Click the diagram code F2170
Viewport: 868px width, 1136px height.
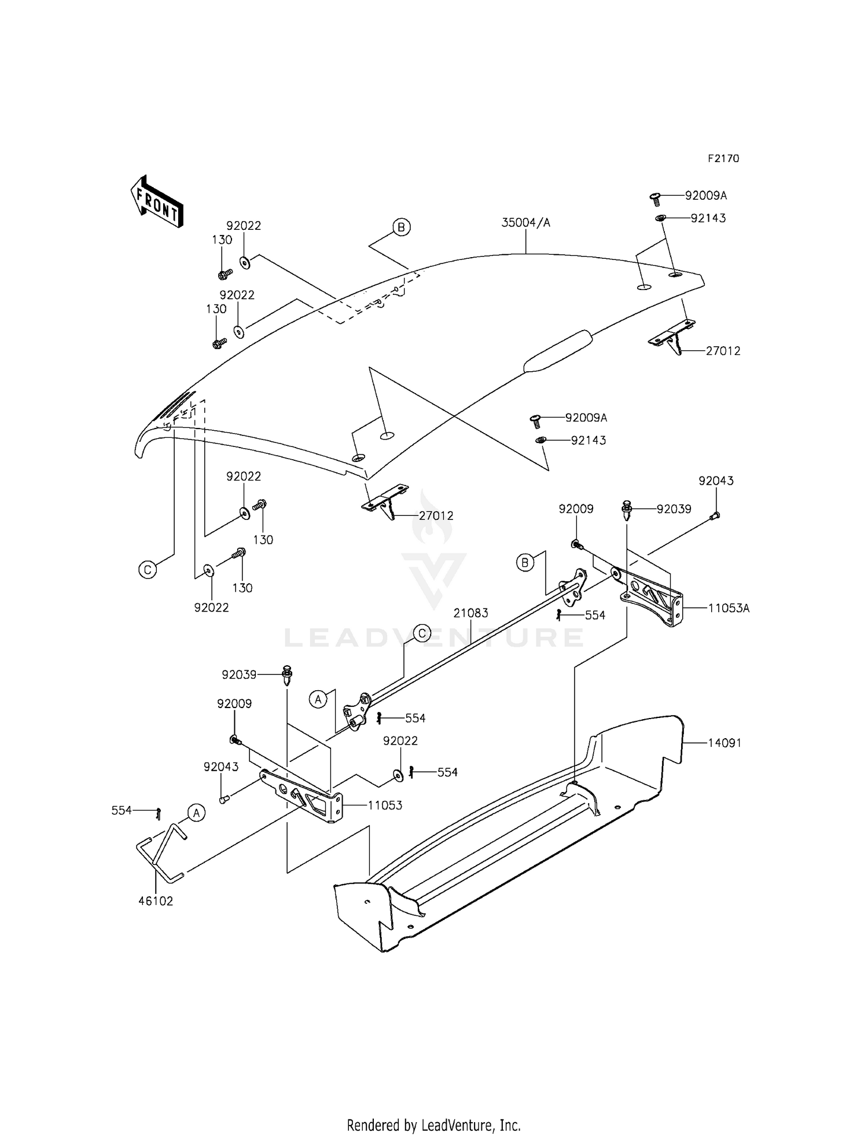coord(723,159)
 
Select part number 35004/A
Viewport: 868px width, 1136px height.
coord(525,223)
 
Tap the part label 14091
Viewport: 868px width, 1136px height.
coord(724,743)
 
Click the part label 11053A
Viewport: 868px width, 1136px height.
coord(728,608)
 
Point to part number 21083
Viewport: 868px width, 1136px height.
coord(470,613)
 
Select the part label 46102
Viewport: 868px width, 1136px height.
coord(156,901)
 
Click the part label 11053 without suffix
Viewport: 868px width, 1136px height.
coord(385,805)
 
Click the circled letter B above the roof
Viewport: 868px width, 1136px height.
coord(401,228)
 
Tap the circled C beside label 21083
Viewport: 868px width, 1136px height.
coord(422,633)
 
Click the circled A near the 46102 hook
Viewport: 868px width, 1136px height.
coord(196,813)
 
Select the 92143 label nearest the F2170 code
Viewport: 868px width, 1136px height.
coord(708,218)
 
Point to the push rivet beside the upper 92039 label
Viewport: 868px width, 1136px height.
coord(627,508)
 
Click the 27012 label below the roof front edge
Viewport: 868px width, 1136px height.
coord(436,515)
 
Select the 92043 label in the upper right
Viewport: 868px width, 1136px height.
coord(715,481)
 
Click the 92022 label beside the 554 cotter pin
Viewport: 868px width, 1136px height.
coord(400,741)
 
